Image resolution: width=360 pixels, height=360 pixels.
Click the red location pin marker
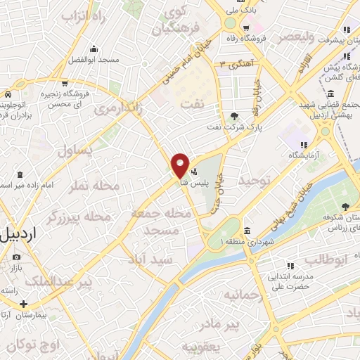180,165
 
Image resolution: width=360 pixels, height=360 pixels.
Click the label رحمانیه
242,296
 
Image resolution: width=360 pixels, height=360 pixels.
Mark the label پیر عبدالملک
56,282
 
